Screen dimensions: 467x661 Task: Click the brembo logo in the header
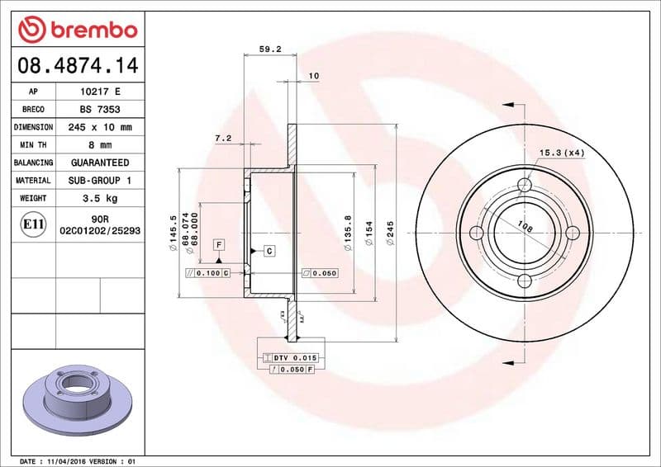point(77,31)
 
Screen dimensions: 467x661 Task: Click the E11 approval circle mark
point(33,224)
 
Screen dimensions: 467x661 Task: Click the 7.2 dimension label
point(222,139)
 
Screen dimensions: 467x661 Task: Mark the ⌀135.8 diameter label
point(347,233)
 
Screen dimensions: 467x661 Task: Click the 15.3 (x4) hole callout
point(562,153)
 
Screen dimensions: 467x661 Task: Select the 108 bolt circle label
point(523,224)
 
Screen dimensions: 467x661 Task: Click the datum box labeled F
point(219,244)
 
